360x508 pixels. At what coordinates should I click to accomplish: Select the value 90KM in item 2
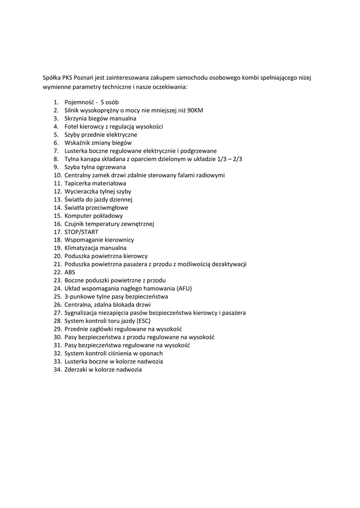[195, 111]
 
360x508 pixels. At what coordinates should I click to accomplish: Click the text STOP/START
[81, 232]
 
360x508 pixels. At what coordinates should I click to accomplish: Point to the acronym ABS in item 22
[70, 272]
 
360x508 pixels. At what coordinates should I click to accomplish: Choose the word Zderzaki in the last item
[76, 369]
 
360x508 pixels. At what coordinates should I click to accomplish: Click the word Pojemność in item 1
[79, 102]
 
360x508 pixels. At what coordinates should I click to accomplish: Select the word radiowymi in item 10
[211, 175]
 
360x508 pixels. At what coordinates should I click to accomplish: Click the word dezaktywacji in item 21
[229, 264]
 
